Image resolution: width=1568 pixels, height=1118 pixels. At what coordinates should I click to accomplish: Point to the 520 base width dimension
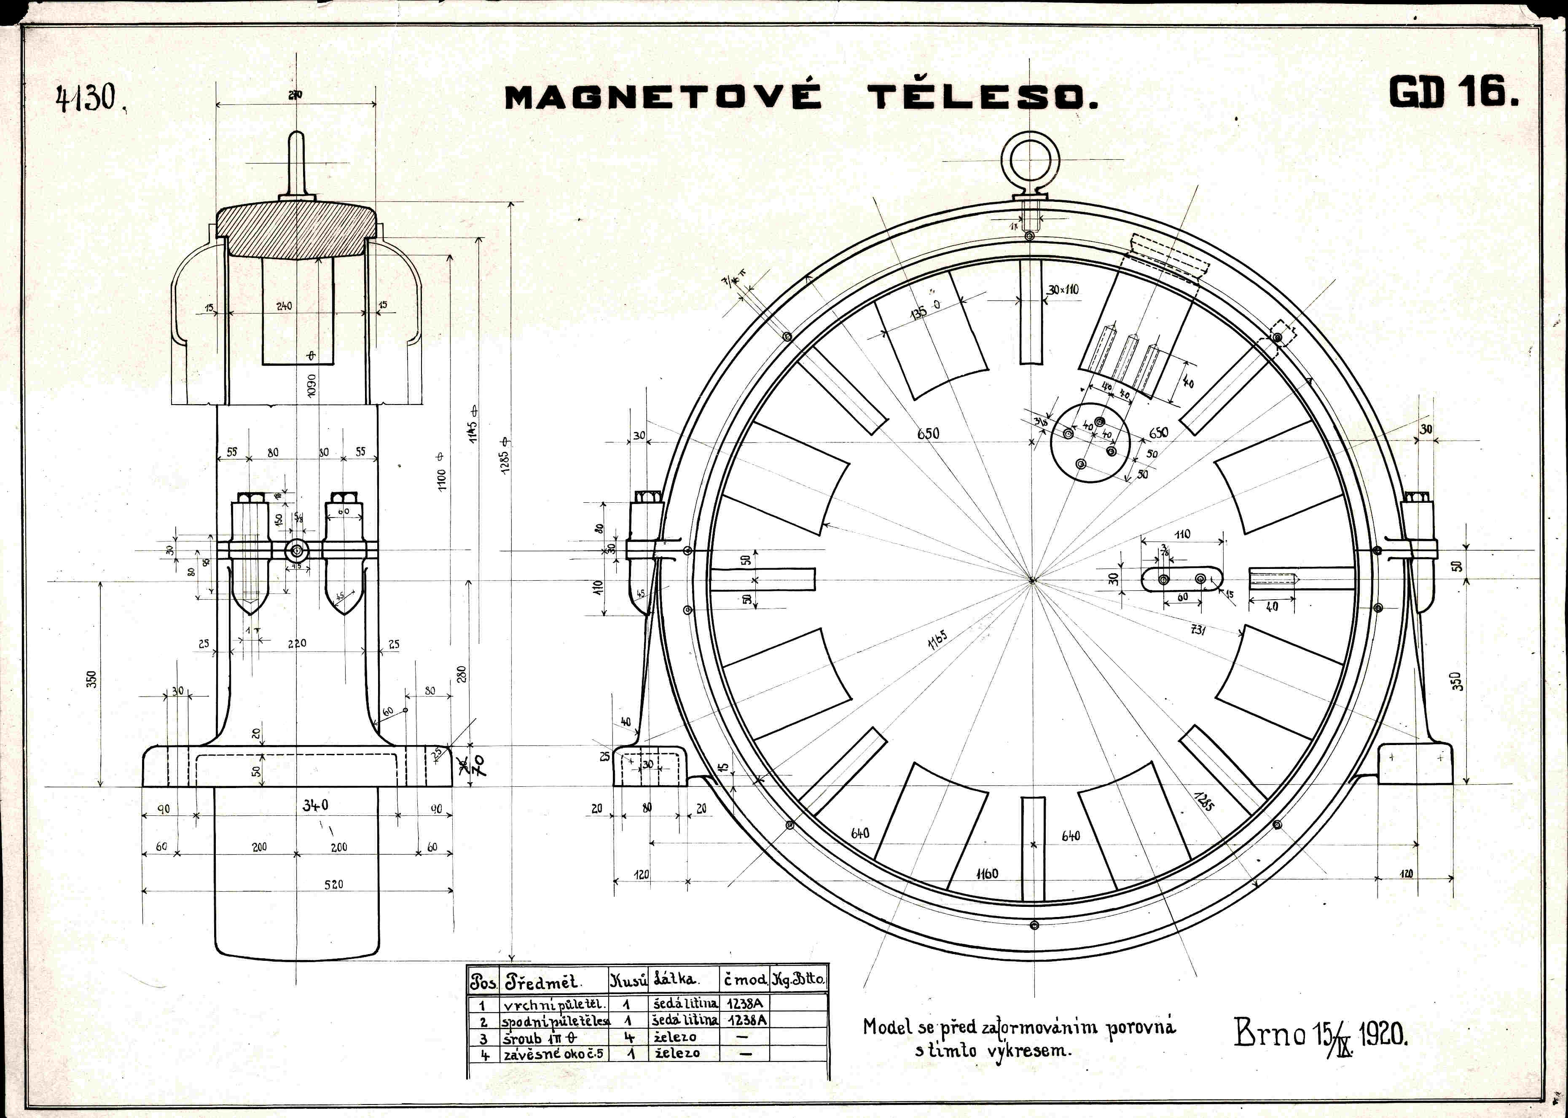(334, 884)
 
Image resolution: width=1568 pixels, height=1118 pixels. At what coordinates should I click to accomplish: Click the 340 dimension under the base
(316, 805)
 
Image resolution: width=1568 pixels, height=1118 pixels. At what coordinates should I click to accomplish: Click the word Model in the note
(889, 1027)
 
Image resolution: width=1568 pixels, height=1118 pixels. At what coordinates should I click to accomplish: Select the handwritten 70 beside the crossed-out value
(478, 764)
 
